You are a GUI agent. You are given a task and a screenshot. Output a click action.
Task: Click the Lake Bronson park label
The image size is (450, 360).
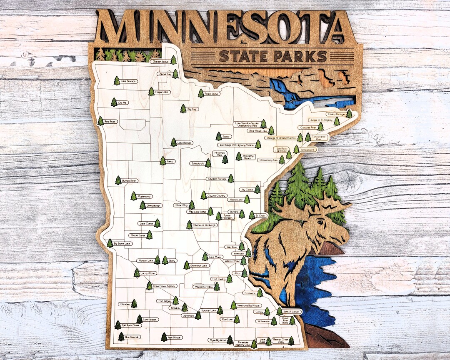127,81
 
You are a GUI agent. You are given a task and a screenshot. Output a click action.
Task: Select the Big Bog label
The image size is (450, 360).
192,109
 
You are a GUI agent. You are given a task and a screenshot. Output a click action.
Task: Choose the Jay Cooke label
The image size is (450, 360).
246,189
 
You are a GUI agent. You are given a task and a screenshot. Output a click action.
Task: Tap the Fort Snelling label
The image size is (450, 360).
218,279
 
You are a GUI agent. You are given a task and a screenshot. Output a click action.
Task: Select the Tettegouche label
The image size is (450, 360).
308,149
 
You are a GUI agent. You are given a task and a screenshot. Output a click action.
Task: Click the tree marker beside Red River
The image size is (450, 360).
100,121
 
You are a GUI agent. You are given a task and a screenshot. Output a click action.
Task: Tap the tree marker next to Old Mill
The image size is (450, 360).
114,102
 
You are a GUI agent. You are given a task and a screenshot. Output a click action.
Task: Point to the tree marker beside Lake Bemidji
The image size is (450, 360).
173,142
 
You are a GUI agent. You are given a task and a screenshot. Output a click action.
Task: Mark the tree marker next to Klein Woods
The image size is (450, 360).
164,337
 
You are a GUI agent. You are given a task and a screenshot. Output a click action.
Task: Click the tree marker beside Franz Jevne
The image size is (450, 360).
201,93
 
